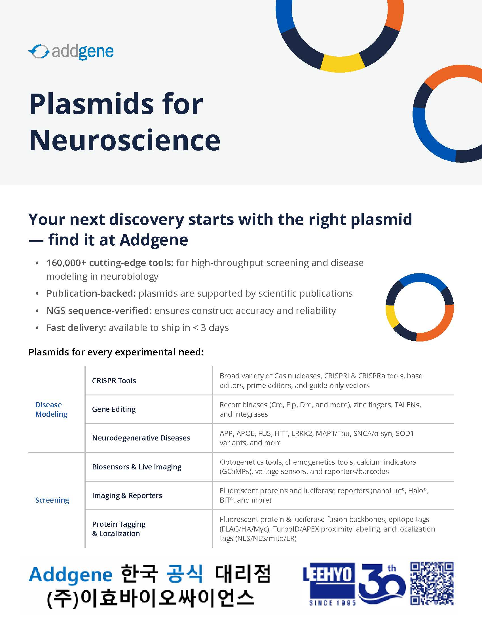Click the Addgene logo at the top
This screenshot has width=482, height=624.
(x=71, y=52)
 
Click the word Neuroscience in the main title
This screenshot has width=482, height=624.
(x=125, y=140)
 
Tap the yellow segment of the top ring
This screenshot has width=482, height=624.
(x=342, y=63)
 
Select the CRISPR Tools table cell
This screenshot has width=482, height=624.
(x=114, y=381)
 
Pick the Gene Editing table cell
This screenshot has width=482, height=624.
(x=114, y=409)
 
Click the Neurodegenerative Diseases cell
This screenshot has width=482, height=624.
(x=141, y=438)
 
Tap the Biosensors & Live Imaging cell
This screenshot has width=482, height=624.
(x=136, y=467)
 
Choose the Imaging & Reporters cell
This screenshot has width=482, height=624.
(x=127, y=495)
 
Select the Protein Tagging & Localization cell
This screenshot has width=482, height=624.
(x=119, y=529)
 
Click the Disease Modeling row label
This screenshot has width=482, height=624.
(x=51, y=409)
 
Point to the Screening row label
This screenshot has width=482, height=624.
(x=52, y=500)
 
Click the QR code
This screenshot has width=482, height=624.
(x=432, y=583)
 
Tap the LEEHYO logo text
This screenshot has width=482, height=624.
(x=329, y=574)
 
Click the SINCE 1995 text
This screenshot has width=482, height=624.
(x=332, y=603)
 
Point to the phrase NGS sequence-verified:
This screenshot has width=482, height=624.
(x=99, y=311)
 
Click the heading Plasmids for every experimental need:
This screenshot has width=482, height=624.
(x=116, y=352)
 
